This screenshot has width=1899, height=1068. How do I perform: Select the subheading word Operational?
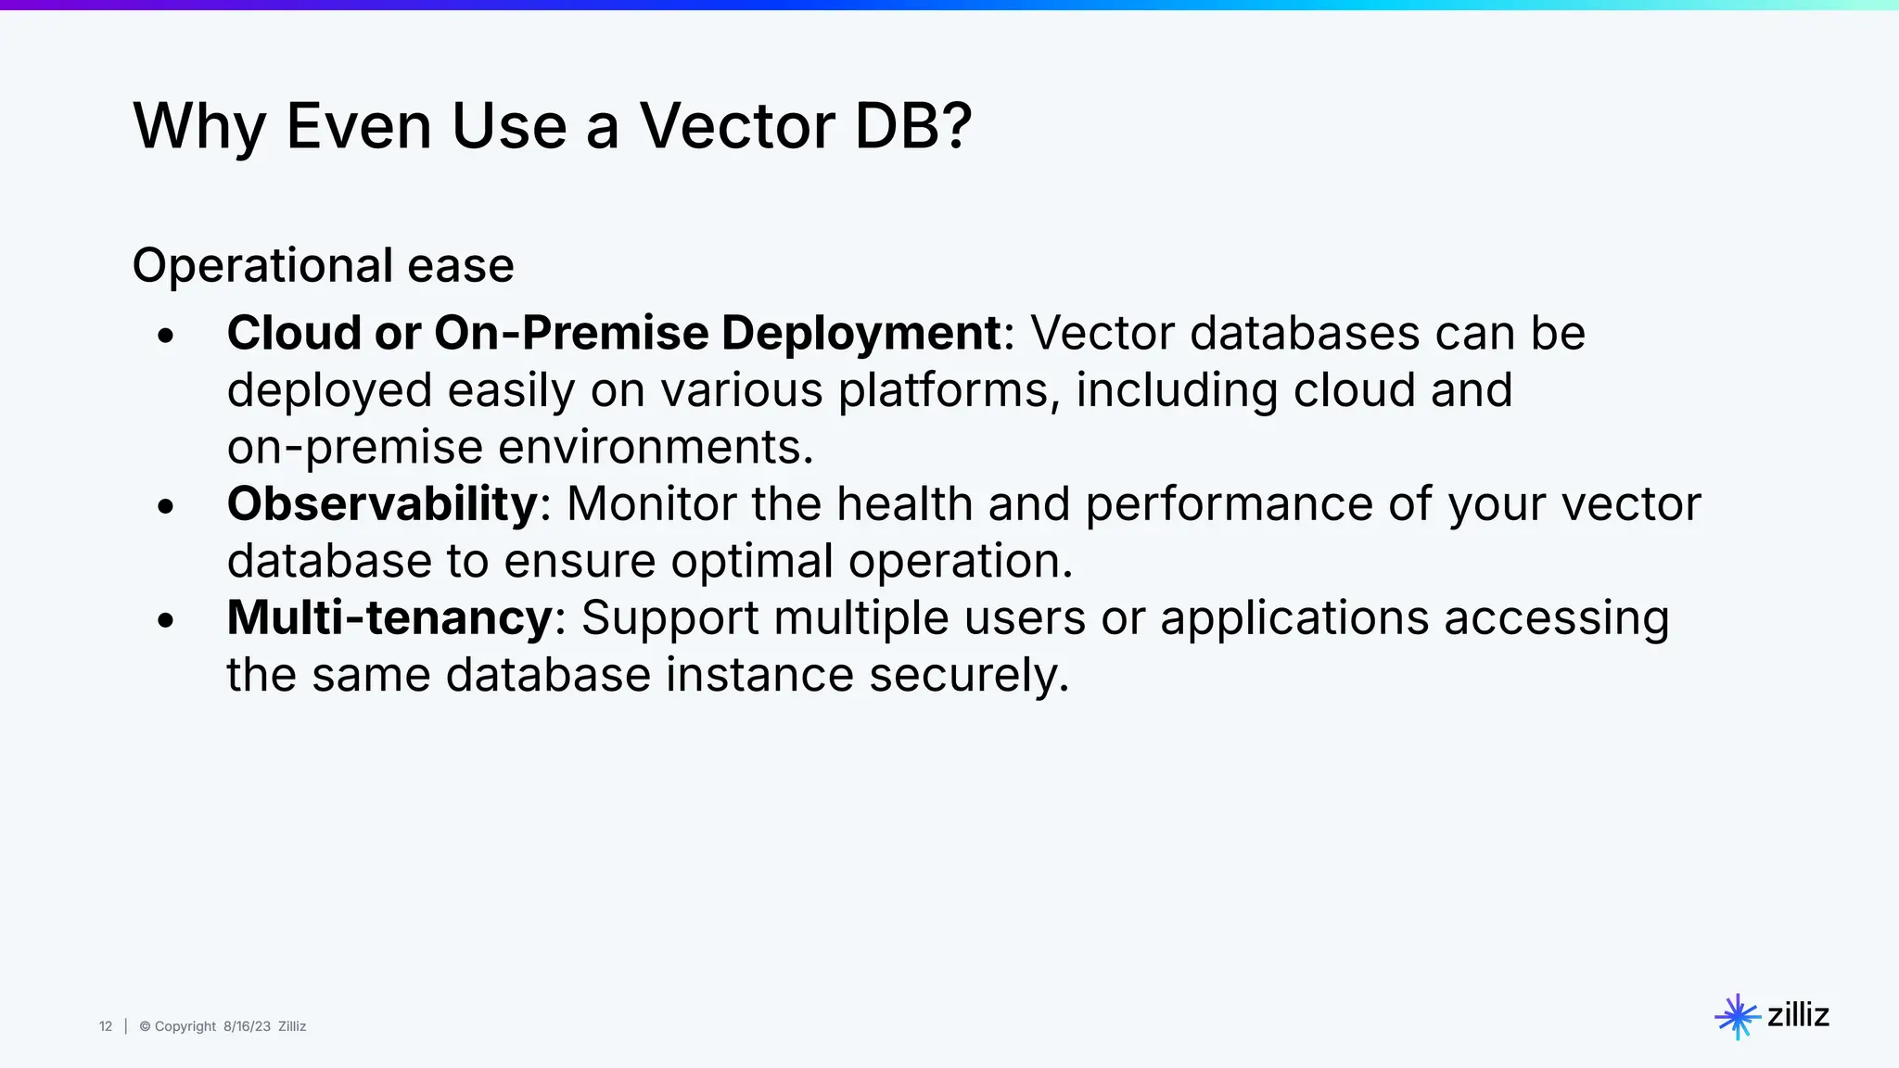(262, 266)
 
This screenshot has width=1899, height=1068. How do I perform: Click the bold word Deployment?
(860, 333)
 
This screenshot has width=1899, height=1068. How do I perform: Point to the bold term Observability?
(382, 504)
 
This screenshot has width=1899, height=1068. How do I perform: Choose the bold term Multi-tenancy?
(389, 618)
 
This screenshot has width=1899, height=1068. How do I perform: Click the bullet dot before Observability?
(166, 507)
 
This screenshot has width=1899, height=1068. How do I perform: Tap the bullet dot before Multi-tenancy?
(166, 621)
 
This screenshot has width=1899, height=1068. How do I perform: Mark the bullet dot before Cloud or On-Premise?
(166, 337)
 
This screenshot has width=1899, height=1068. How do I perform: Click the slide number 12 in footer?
(106, 1026)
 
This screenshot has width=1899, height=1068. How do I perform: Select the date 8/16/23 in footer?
(247, 1026)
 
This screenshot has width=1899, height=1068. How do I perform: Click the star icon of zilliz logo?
(1737, 1017)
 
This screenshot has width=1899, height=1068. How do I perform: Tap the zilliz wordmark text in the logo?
(1798, 1015)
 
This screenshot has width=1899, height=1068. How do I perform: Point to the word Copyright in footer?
(185, 1026)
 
